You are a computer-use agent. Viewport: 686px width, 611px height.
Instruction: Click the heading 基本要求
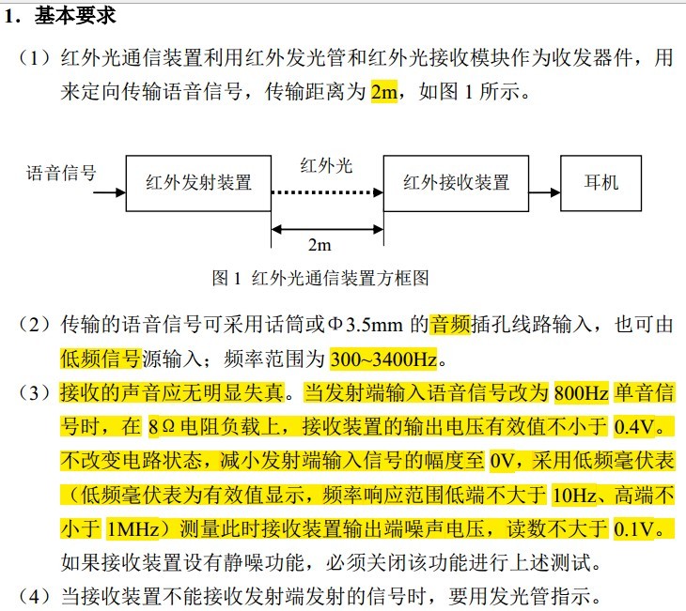click(x=75, y=16)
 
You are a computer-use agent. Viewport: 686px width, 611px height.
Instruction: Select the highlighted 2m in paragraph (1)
click(x=383, y=92)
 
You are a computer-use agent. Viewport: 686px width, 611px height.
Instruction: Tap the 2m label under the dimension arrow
click(x=320, y=245)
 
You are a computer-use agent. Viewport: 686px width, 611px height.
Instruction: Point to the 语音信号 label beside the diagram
click(x=61, y=173)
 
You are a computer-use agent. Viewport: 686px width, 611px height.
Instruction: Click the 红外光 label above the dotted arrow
click(x=326, y=165)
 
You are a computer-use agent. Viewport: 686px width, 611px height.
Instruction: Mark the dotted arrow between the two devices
click(x=327, y=192)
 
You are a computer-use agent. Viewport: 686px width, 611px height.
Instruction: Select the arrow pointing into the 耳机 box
click(x=545, y=192)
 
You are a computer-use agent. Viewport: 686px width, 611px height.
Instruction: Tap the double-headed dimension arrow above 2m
click(x=327, y=229)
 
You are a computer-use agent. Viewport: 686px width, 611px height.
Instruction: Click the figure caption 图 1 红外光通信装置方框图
click(x=320, y=278)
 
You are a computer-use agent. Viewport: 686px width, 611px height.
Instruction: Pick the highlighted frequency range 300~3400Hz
click(x=383, y=359)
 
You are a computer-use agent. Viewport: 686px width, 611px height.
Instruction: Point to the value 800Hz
click(x=582, y=393)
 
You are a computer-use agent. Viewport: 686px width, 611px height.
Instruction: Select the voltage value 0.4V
click(x=634, y=426)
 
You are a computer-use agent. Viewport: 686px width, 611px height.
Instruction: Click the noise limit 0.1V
click(x=634, y=529)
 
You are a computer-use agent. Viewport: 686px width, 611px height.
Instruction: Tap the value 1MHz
click(x=133, y=529)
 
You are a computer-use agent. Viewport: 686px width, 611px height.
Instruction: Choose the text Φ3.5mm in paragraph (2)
click(x=365, y=325)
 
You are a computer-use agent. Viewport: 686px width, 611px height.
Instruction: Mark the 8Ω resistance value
click(x=162, y=426)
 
